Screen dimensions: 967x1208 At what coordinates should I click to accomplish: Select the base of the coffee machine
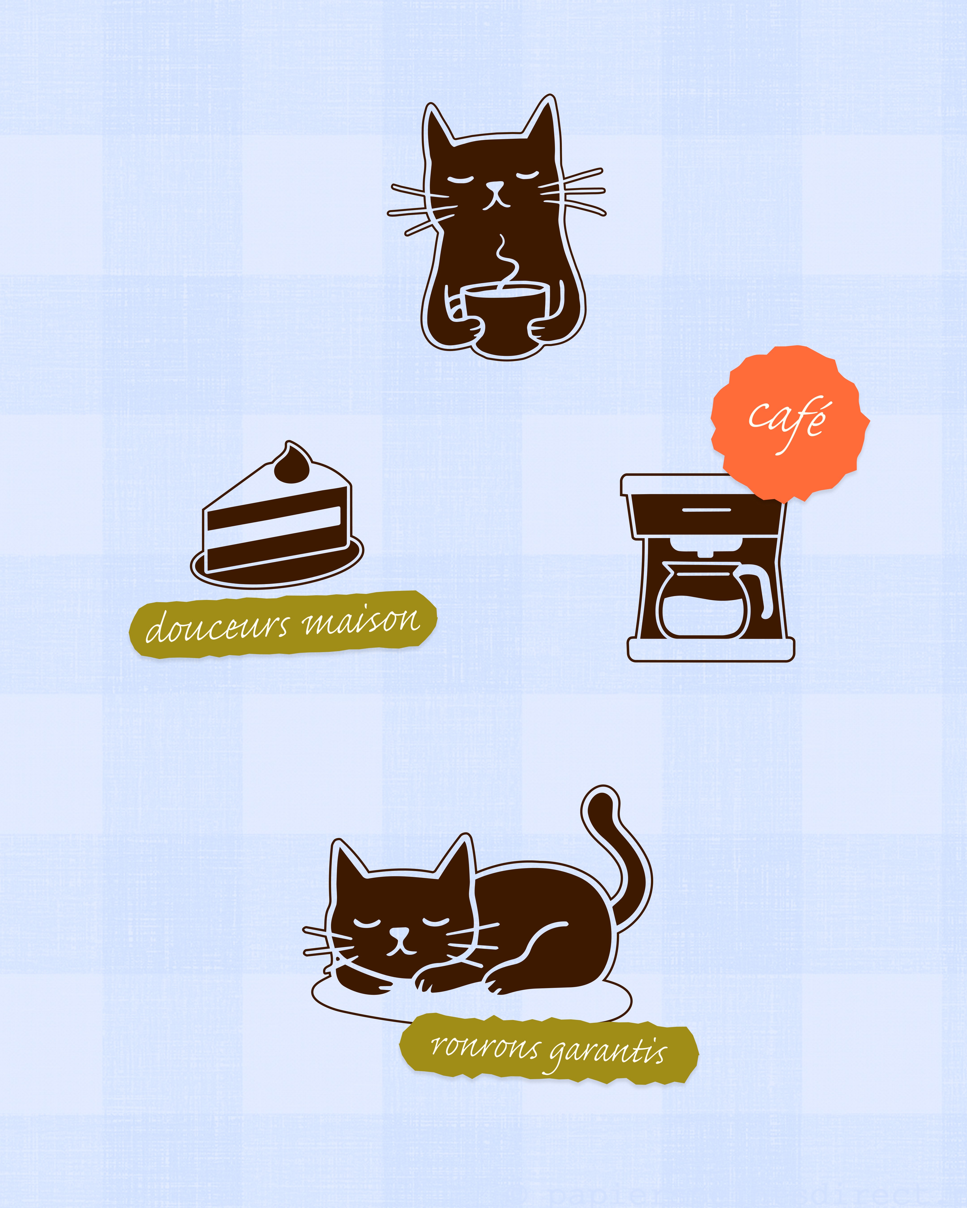click(x=711, y=650)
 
